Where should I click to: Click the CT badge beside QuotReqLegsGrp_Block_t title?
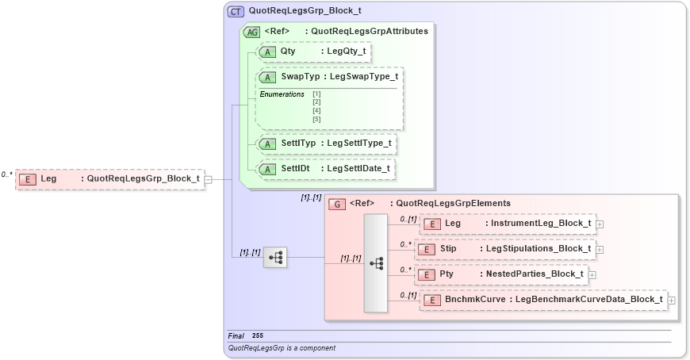click(236, 12)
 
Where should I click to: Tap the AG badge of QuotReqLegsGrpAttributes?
click(251, 32)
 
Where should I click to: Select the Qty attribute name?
click(288, 51)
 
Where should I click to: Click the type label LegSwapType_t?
click(363, 77)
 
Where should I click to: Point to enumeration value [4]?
click(316, 110)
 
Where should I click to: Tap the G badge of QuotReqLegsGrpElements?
click(336, 203)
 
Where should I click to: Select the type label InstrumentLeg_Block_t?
click(541, 224)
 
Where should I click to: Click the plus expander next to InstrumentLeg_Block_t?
click(600, 224)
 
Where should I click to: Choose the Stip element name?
click(448, 248)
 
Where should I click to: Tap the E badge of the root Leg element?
click(28, 179)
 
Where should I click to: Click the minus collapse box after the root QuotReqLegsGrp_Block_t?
click(208, 180)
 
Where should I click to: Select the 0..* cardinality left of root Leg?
click(7, 174)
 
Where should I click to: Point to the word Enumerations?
click(282, 94)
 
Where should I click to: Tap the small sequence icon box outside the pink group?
click(274, 257)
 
